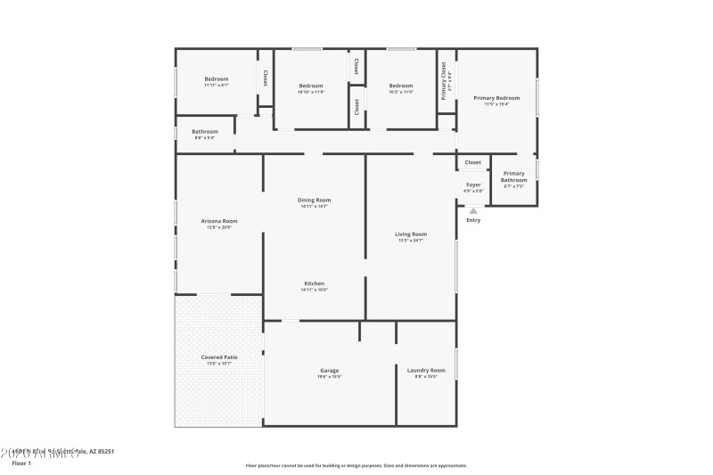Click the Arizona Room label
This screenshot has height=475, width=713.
point(218,220)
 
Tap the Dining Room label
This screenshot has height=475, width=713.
point(314,200)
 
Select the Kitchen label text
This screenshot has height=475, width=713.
point(314,283)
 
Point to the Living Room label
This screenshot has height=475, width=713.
point(411,233)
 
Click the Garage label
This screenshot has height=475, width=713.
point(329,370)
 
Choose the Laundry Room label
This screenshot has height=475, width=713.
point(426,370)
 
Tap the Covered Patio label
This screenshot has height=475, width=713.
point(218,356)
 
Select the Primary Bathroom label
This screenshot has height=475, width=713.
point(513,176)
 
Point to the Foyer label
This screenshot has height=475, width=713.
point(473,184)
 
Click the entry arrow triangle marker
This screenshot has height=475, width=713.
point(473,210)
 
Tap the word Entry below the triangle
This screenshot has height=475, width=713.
point(473,220)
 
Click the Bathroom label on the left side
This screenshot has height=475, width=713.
point(205,131)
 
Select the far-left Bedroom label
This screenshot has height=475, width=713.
point(217,78)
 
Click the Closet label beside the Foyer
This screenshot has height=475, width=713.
point(473,162)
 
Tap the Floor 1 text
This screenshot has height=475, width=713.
point(20,463)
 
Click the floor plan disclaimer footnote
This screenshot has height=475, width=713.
point(356,465)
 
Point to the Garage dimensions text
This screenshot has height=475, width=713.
point(329,376)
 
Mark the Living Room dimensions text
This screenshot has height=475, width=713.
point(411,240)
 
